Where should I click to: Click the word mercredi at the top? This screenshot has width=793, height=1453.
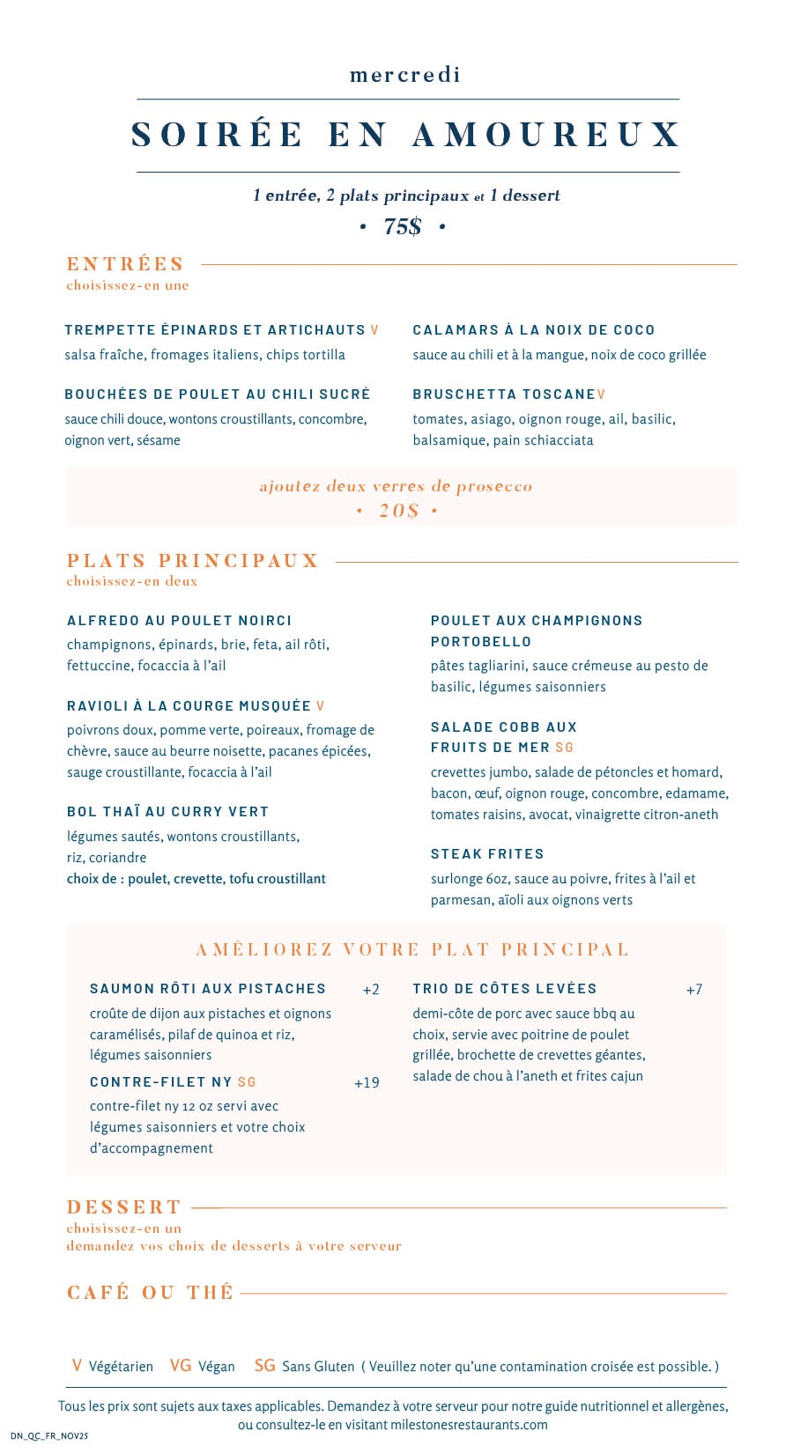pyautogui.click(x=404, y=75)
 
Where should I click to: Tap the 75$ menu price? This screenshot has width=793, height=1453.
pyautogui.click(x=403, y=226)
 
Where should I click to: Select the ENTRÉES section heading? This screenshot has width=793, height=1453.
pyautogui.click(x=125, y=263)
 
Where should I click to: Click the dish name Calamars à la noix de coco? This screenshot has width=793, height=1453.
pyautogui.click(x=533, y=329)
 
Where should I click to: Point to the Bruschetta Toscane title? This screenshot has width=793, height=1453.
pyautogui.click(x=504, y=394)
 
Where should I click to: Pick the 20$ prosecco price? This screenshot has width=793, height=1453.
pyautogui.click(x=398, y=511)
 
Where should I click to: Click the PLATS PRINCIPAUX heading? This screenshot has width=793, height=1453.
pyautogui.click(x=192, y=560)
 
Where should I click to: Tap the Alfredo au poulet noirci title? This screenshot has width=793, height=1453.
pyautogui.click(x=179, y=620)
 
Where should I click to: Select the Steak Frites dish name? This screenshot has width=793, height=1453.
pyautogui.click(x=487, y=853)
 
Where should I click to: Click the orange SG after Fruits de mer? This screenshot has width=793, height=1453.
pyautogui.click(x=564, y=748)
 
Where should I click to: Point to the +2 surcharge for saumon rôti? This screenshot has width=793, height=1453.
pyautogui.click(x=371, y=989)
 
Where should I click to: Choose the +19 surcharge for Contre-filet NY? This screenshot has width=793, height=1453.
pyautogui.click(x=367, y=1082)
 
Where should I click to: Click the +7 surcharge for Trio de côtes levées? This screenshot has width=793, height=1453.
pyautogui.click(x=694, y=989)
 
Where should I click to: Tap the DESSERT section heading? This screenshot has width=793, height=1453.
pyautogui.click(x=124, y=1206)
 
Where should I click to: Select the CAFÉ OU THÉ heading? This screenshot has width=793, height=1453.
pyautogui.click(x=150, y=1292)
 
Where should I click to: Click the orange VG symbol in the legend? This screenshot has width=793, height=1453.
pyautogui.click(x=181, y=1365)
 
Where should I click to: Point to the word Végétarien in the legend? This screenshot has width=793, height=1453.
pyautogui.click(x=121, y=1367)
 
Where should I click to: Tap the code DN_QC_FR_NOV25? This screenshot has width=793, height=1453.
pyautogui.click(x=49, y=1435)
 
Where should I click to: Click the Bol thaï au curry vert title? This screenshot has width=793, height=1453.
pyautogui.click(x=167, y=811)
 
